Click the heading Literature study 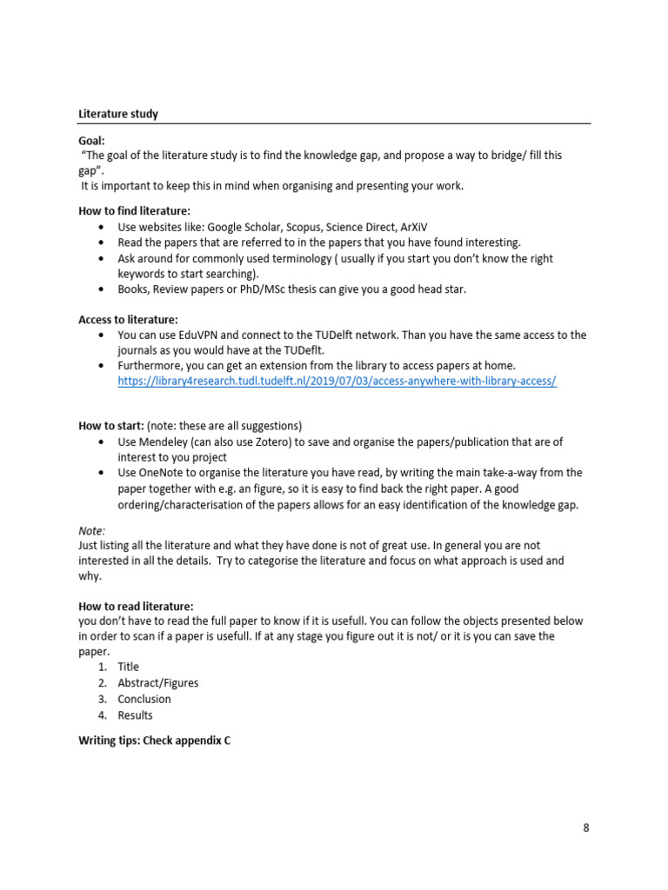pos(118,114)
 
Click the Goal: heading pos(92,139)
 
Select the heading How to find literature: pos(134,210)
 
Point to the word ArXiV pos(408,227)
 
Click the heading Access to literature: pos(128,319)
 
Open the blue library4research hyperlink pos(337,382)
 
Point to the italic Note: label pos(91,529)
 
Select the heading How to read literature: pos(136,606)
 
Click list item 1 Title pos(128,667)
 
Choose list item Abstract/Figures pos(157,683)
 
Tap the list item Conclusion pos(144,699)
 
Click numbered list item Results pos(135,715)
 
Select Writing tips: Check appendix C pos(154,741)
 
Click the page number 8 pos(586,827)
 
